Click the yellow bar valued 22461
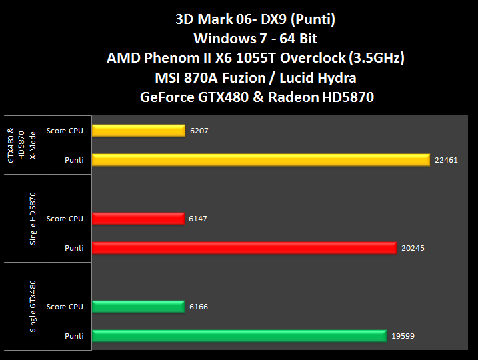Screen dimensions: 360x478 [261, 160]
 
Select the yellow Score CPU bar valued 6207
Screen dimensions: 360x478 [139, 131]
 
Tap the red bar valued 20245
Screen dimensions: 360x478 [245, 248]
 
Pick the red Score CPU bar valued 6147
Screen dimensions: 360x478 [138, 219]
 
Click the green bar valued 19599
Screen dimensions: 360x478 [239, 336]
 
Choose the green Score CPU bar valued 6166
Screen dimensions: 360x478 [139, 307]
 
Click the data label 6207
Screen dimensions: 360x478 [199, 131]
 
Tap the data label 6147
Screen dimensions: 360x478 [197, 219]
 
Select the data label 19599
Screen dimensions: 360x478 [403, 336]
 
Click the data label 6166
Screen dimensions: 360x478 [198, 307]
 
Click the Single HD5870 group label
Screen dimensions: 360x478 [33, 219]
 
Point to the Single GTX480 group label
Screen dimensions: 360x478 [33, 307]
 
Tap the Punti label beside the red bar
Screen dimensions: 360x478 [74, 248]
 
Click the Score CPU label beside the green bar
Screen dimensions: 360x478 [65, 307]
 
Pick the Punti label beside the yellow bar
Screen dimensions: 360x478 [74, 160]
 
